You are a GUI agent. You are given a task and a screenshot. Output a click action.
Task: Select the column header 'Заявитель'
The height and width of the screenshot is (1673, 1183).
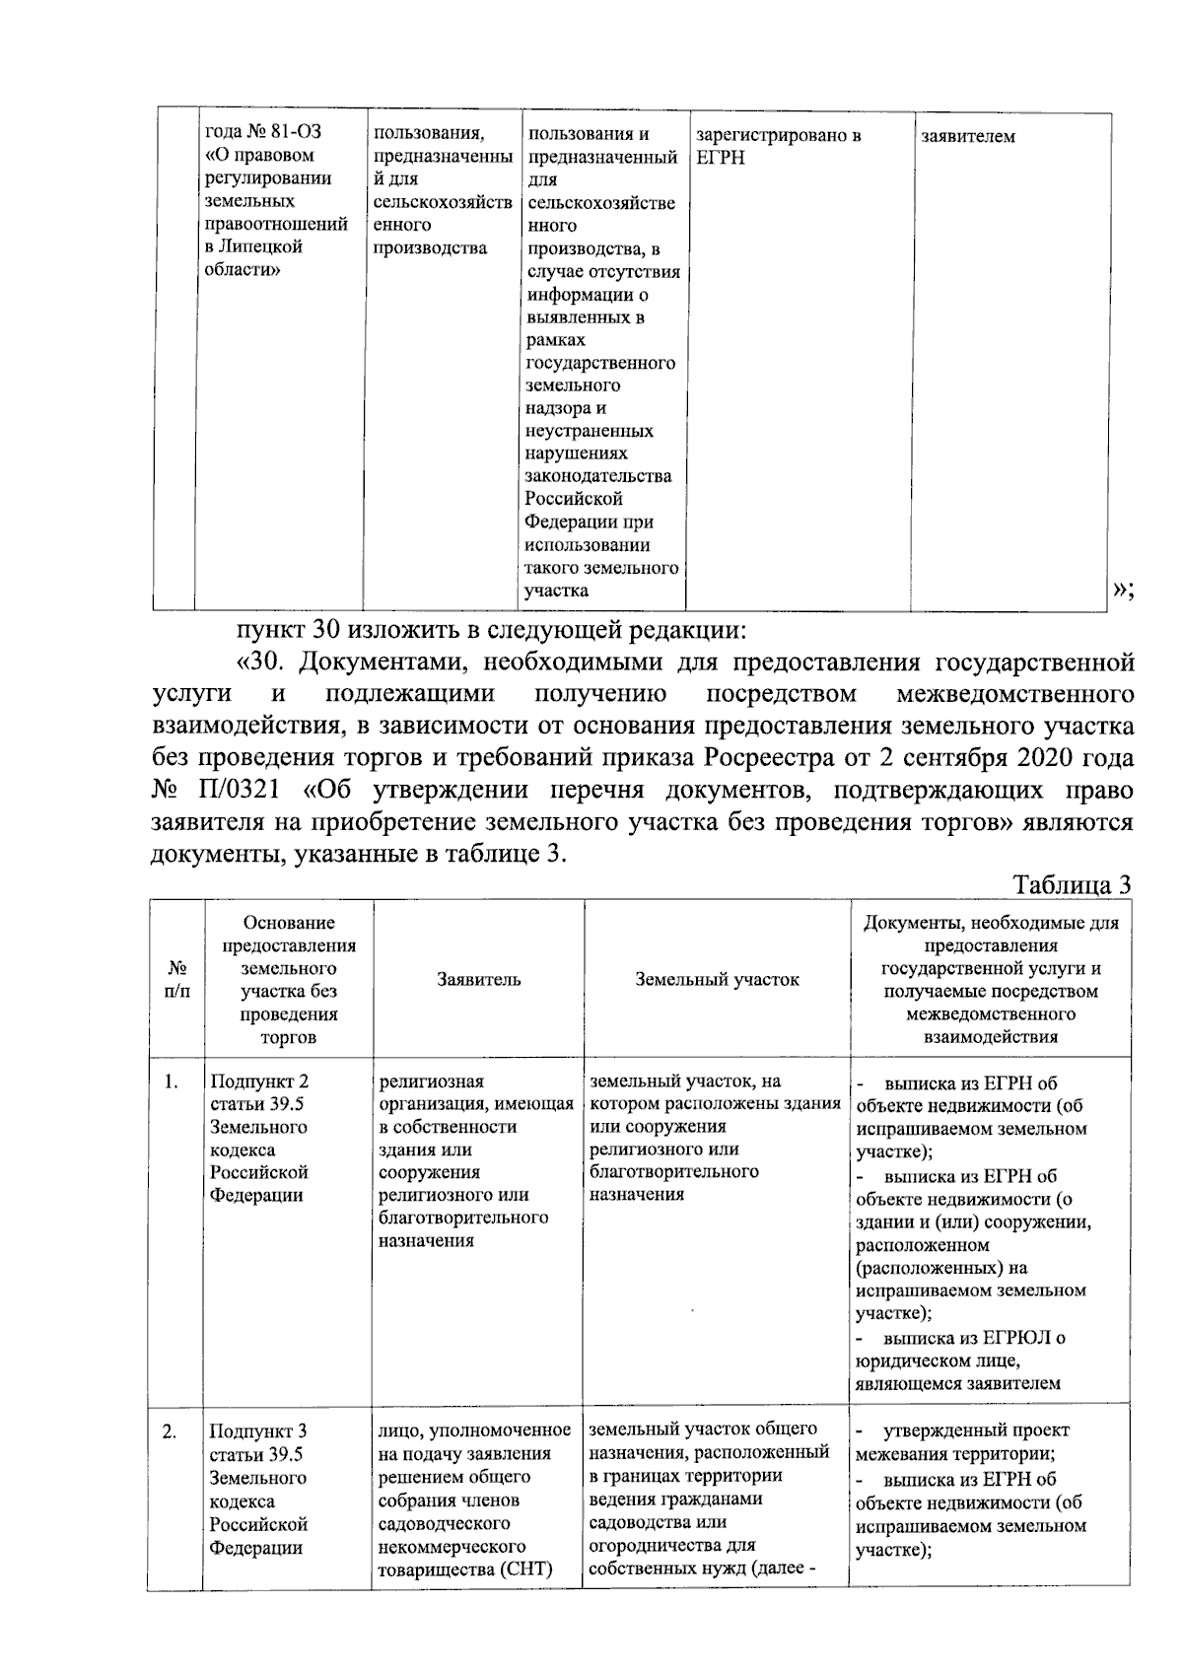click(478, 979)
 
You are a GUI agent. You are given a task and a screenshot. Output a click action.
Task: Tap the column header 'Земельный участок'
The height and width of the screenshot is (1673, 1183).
click(717, 979)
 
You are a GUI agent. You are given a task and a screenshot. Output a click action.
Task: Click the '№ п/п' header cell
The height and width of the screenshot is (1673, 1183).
click(176, 979)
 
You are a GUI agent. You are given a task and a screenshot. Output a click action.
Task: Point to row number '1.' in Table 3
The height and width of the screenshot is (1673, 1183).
click(172, 1082)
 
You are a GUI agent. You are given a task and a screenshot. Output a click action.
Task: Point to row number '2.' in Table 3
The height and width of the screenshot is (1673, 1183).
click(171, 1430)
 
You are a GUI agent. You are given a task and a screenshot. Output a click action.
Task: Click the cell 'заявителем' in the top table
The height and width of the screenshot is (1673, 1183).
click(967, 136)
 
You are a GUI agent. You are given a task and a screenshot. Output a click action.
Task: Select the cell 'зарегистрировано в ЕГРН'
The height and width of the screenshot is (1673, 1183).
click(778, 146)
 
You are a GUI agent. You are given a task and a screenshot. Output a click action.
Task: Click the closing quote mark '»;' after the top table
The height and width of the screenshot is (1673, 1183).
click(1123, 589)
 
